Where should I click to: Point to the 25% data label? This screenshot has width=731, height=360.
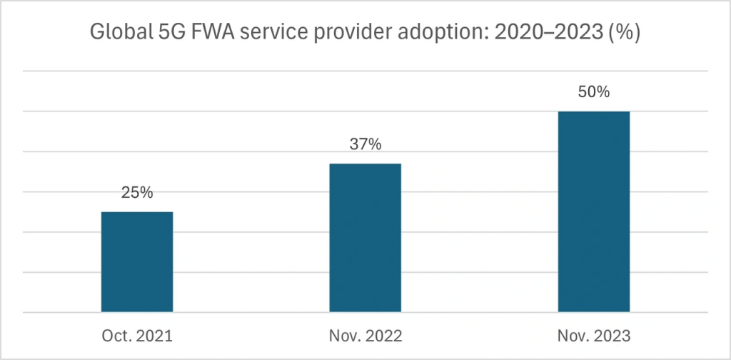click(x=137, y=193)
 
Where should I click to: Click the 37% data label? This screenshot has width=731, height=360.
click(x=365, y=144)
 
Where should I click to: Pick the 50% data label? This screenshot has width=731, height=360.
click(x=593, y=92)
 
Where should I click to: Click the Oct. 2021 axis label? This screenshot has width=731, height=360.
click(x=137, y=335)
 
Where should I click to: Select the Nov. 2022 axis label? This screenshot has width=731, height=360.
click(x=365, y=335)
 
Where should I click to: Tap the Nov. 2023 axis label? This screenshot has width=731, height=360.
click(x=593, y=335)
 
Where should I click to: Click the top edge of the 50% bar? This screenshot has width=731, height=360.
click(x=593, y=112)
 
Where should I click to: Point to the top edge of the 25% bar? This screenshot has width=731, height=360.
click(x=137, y=212)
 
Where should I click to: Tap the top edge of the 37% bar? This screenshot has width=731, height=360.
click(x=365, y=164)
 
